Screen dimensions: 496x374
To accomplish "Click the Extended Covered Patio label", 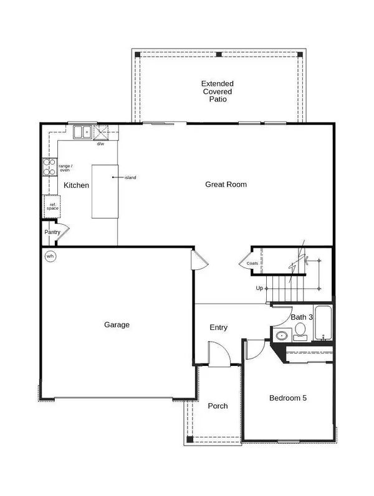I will tap(218, 91).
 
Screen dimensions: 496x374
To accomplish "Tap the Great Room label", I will tap(226, 184).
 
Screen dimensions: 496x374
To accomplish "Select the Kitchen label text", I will tap(77, 185).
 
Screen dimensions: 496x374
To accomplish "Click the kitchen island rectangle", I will tap(105, 191).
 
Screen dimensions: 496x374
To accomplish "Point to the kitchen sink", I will tap(82, 131).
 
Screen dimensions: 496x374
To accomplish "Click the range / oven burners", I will tap(49, 167).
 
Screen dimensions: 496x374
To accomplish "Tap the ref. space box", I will tap(52, 206).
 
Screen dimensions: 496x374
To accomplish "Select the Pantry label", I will tap(52, 232).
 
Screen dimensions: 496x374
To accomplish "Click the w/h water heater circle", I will tap(50, 256).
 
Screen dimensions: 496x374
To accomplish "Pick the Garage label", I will tap(117, 324).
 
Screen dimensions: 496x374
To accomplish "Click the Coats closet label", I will tap(252, 263).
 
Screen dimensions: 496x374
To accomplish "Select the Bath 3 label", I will tap(302, 317).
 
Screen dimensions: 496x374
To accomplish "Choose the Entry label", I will tap(218, 327).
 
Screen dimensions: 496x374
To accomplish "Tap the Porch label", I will tap(218, 406).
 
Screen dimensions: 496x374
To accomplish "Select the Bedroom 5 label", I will tap(288, 398).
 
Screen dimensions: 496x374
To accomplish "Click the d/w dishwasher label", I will tap(100, 144).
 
